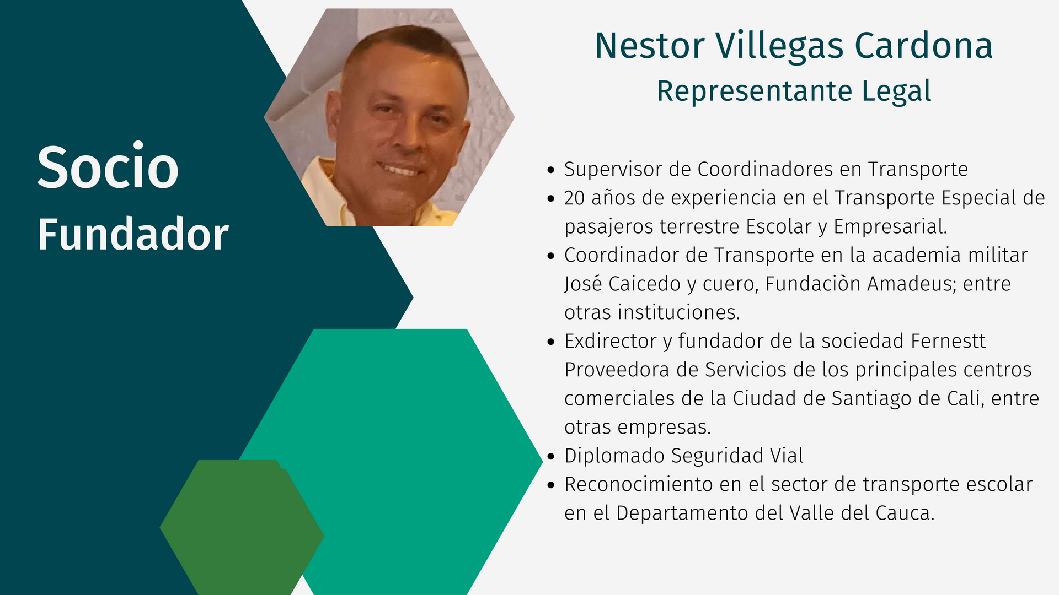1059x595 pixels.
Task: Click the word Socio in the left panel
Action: (x=108, y=167)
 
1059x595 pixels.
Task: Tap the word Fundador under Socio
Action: (x=133, y=234)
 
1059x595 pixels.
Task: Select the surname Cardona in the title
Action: (x=924, y=46)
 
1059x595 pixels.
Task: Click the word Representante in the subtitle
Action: (x=755, y=91)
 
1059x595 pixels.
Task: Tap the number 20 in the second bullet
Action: (x=574, y=198)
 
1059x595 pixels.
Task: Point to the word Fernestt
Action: (x=948, y=341)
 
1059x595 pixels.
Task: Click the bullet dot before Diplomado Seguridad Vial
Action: (x=550, y=456)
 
